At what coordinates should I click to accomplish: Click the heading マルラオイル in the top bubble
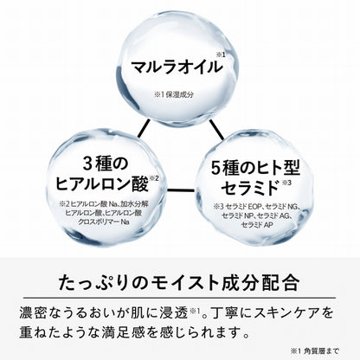pos(177,67)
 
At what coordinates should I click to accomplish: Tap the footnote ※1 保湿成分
pos(174,94)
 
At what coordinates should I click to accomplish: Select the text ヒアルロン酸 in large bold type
pos(102,183)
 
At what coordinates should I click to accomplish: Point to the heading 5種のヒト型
pos(255,168)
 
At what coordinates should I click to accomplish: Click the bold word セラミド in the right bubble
pos(250,187)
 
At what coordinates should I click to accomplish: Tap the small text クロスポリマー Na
pos(104,222)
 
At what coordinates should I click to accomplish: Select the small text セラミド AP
pos(257,224)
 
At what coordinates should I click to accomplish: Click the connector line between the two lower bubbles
pos(181,190)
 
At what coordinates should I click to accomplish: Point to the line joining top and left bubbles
pos(144,128)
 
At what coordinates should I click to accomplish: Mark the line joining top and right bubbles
pos(216,130)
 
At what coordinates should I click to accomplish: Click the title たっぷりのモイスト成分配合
pos(179,283)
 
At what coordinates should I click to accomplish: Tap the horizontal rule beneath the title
pos(179,298)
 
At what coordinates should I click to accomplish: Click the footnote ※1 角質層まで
pos(315,351)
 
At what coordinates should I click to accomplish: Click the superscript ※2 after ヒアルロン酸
pos(154,178)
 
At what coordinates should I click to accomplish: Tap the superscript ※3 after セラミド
pos(286,183)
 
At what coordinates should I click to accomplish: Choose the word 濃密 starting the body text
pos(33,313)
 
